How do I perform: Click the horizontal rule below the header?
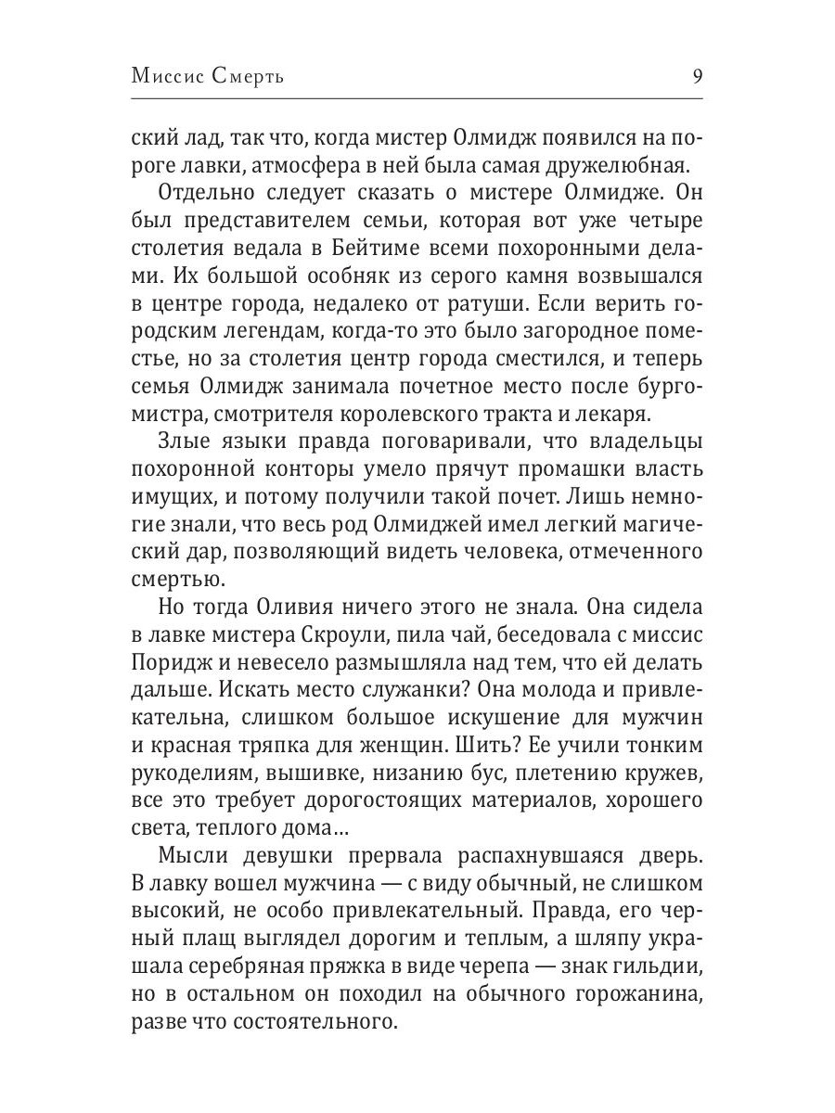pyautogui.click(x=417, y=99)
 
